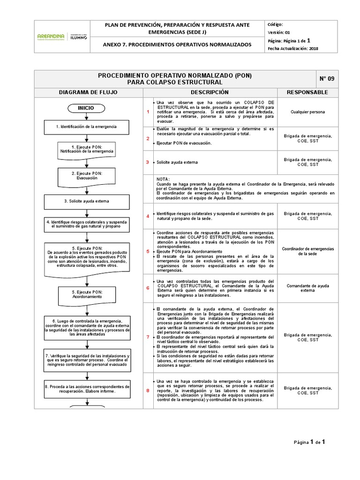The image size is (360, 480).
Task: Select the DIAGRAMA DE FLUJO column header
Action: (x=88, y=92)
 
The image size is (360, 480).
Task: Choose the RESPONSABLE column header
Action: (x=307, y=92)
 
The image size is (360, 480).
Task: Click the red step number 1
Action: (x=148, y=112)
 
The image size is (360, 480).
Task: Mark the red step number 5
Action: (x=148, y=251)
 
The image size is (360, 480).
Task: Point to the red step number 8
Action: (x=148, y=390)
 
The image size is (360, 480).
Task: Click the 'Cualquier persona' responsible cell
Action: (x=307, y=112)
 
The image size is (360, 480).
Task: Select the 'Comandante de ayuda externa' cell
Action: (x=307, y=287)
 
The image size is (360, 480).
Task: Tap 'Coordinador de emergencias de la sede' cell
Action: (x=307, y=251)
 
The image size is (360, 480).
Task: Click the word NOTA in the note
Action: (x=164, y=180)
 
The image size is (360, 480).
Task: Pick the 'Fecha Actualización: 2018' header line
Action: (x=293, y=48)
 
